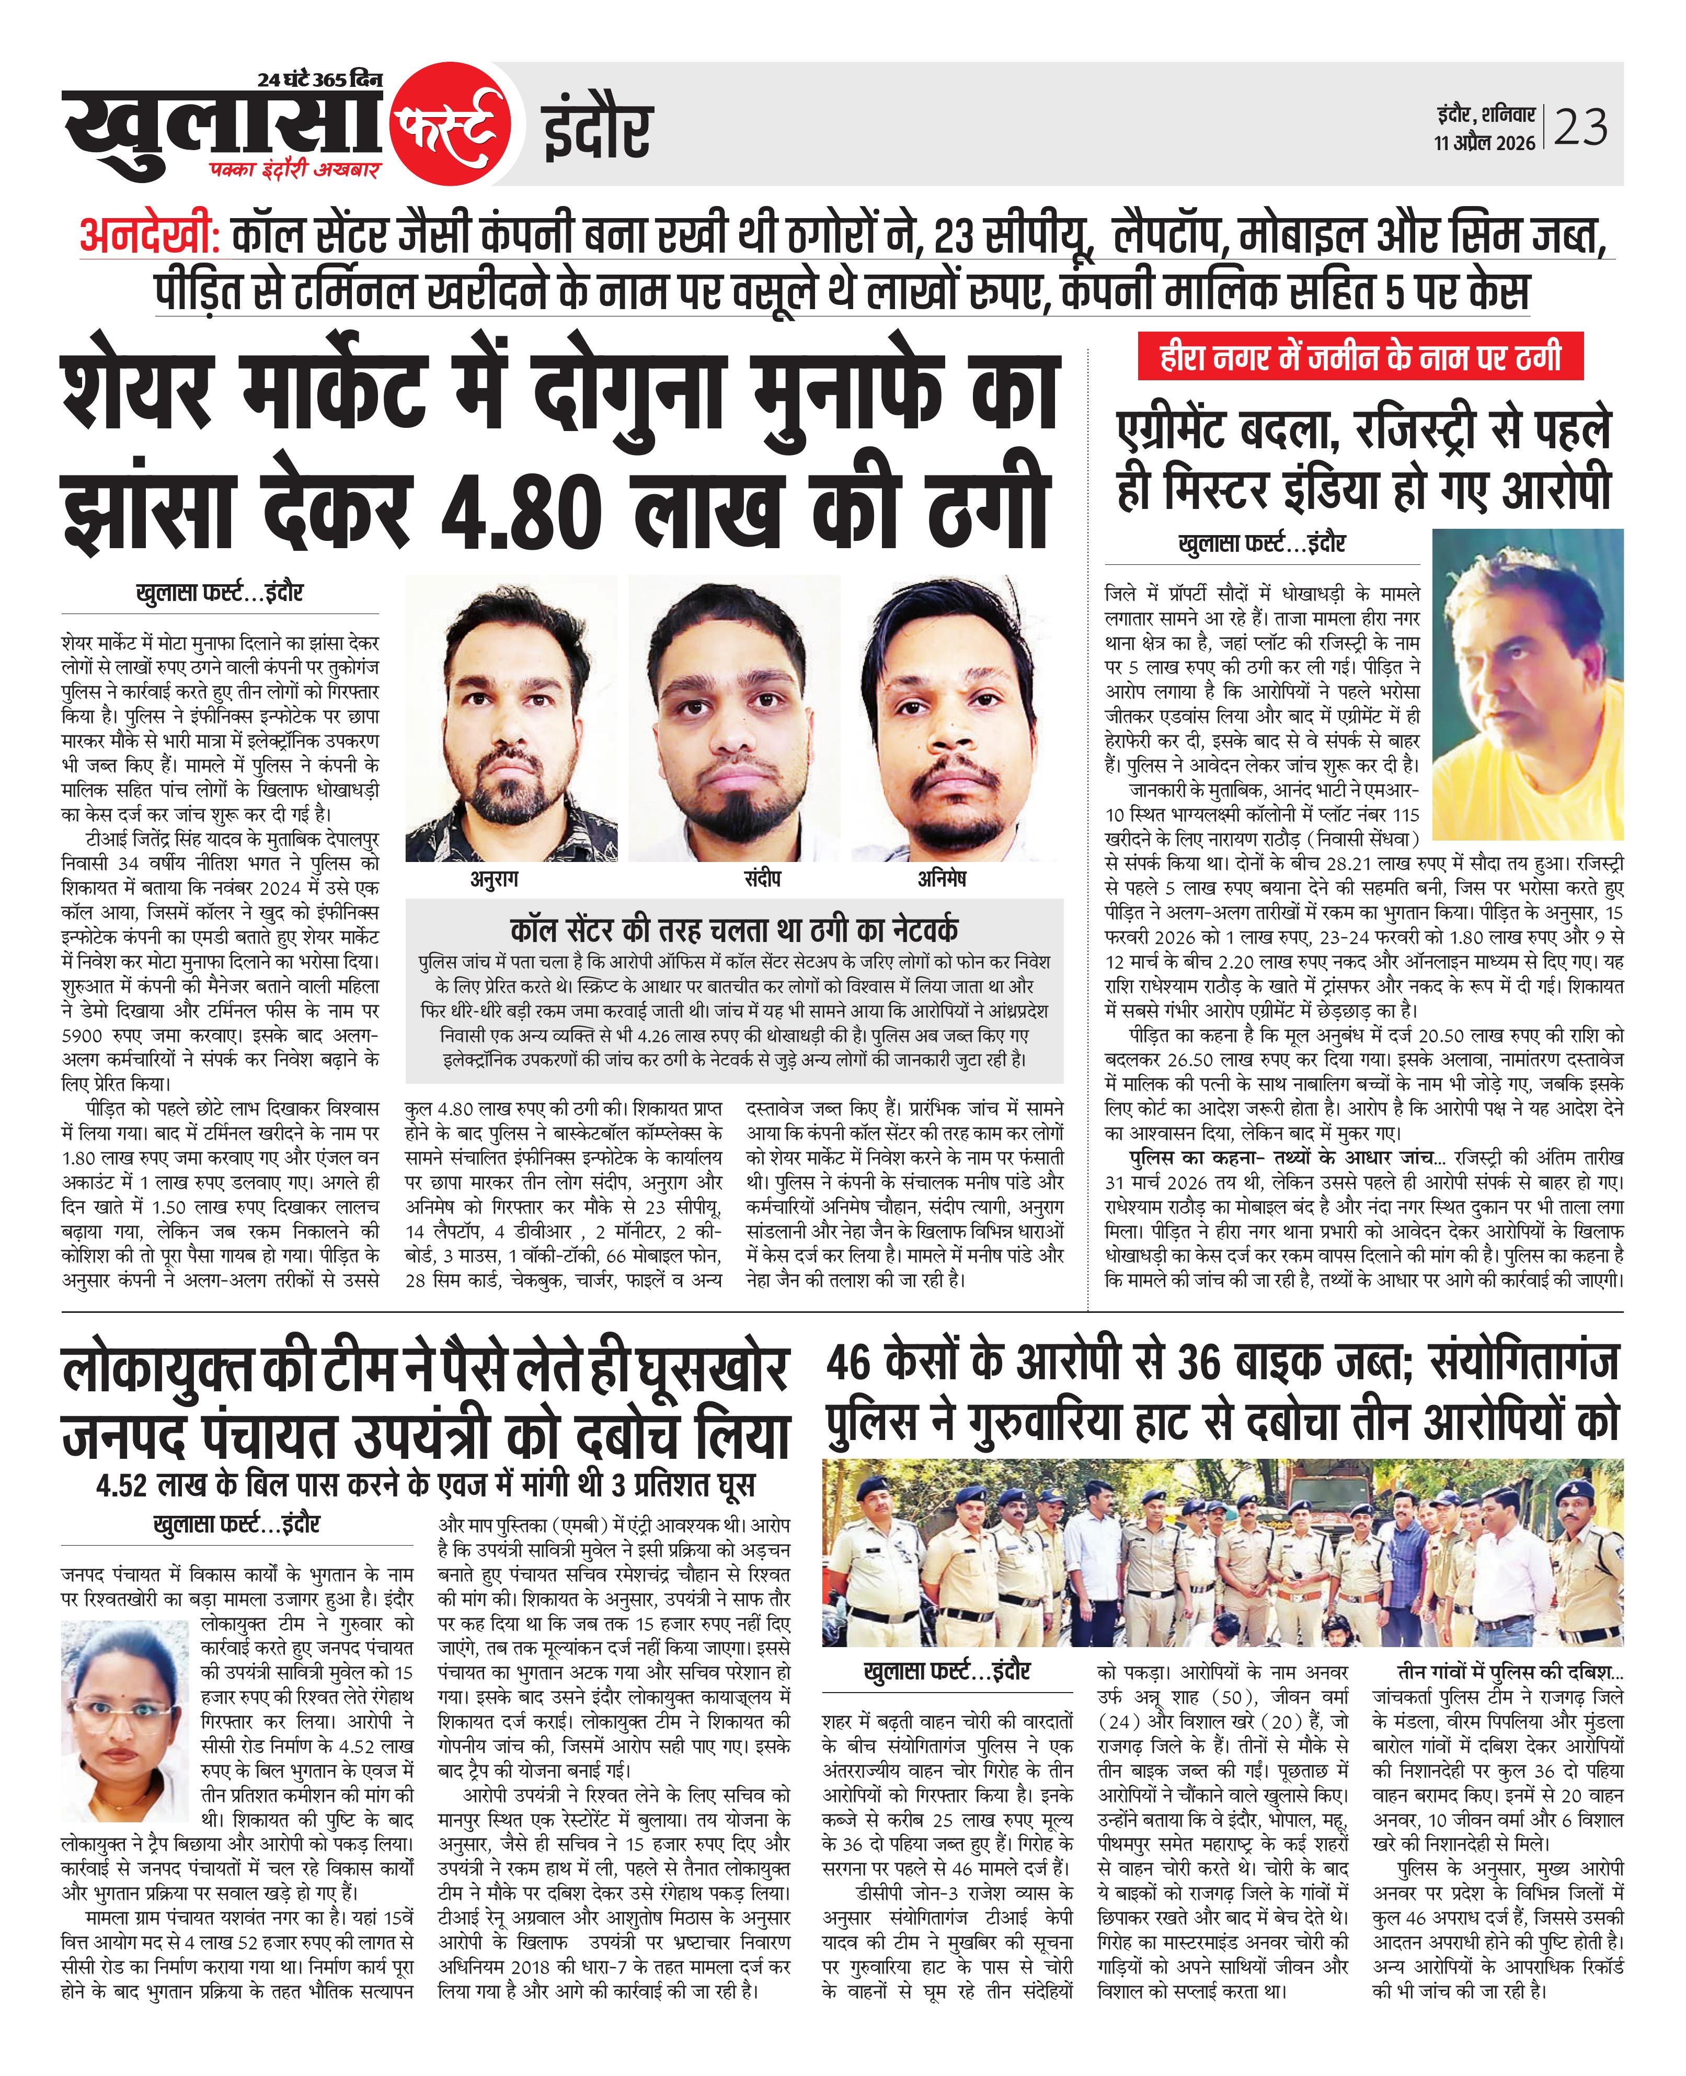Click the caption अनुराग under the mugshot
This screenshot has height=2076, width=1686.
(495, 879)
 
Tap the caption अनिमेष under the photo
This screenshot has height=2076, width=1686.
(942, 879)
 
